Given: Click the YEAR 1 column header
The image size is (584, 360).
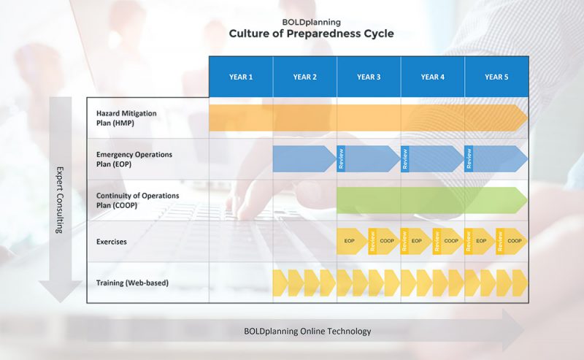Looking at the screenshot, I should (x=241, y=77).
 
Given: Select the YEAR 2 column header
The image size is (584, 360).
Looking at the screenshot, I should (x=304, y=77).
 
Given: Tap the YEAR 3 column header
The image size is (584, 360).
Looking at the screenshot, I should (x=369, y=77).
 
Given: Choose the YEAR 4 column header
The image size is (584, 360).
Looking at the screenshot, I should (x=432, y=77).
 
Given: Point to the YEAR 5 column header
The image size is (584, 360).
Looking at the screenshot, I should (x=496, y=77).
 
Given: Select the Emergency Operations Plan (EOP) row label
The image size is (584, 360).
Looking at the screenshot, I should (x=135, y=159).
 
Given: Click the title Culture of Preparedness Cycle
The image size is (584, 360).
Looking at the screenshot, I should (x=311, y=34).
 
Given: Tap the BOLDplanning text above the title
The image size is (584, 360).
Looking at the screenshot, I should (x=311, y=22).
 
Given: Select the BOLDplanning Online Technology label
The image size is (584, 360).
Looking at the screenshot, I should (x=307, y=331).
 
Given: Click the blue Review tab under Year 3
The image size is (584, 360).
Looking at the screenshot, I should (x=341, y=158).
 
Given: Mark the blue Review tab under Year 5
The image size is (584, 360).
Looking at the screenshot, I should (x=469, y=158).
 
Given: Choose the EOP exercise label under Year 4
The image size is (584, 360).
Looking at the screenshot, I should (x=416, y=241).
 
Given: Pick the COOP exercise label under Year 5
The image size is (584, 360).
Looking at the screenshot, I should (x=515, y=241).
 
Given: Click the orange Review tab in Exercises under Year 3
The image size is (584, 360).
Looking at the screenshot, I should (x=372, y=241).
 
